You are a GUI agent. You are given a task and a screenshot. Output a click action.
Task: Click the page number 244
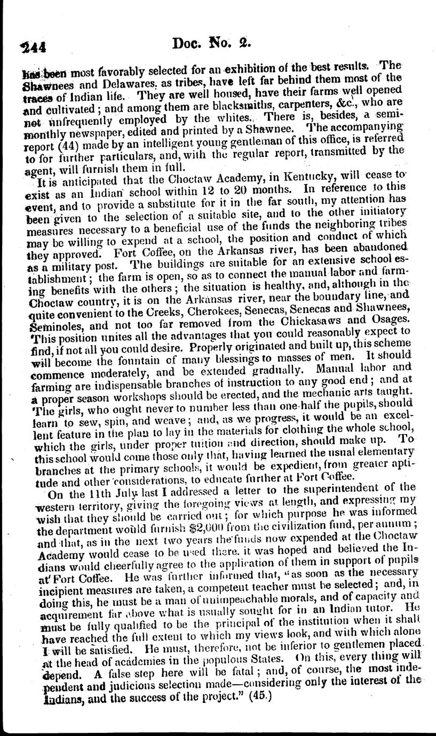coord(33,46)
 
